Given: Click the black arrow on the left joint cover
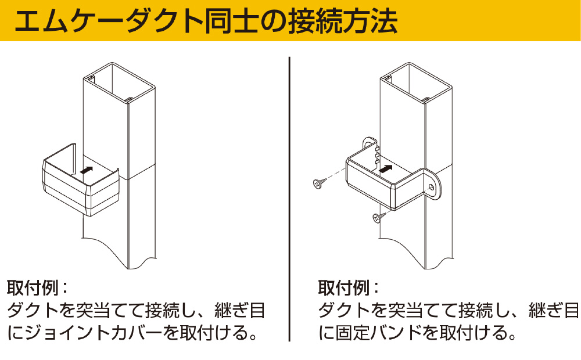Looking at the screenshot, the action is [x=87, y=170].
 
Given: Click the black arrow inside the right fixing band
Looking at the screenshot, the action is [x=386, y=168].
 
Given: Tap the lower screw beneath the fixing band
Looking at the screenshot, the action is [x=379, y=217].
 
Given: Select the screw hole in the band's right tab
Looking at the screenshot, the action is [x=431, y=186].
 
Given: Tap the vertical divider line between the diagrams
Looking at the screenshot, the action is [x=289, y=199].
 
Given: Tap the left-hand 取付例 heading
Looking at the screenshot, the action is [x=33, y=288].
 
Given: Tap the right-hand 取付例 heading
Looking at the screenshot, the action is [x=344, y=288].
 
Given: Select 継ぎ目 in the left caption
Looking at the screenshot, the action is [x=240, y=310].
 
